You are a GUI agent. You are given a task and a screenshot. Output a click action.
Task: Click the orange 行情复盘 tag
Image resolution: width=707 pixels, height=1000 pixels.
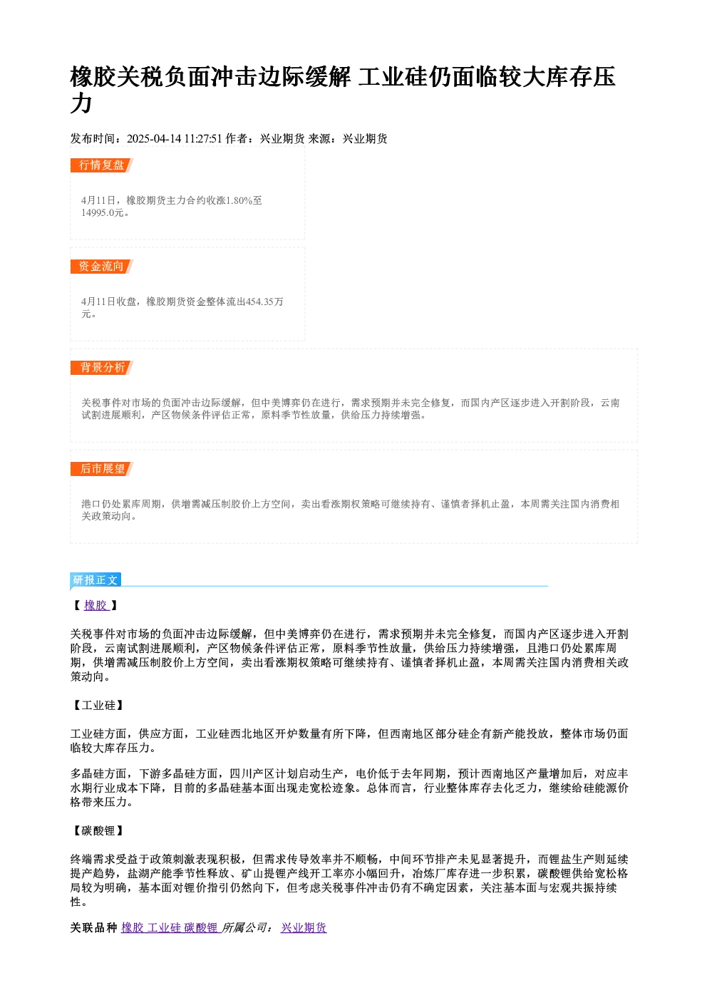pyautogui.click(x=102, y=165)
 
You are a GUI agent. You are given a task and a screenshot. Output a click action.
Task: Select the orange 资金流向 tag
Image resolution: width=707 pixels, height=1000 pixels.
pyautogui.click(x=102, y=267)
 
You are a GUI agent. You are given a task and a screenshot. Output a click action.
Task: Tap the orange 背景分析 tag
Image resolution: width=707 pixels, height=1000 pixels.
pyautogui.click(x=102, y=368)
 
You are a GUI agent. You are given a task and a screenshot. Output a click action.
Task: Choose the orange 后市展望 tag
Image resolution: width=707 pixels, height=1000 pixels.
pyautogui.click(x=102, y=469)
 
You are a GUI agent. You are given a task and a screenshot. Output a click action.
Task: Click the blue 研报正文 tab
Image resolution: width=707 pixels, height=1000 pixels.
pyautogui.click(x=96, y=580)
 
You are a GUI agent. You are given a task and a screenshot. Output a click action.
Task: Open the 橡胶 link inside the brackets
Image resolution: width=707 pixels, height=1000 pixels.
pyautogui.click(x=96, y=606)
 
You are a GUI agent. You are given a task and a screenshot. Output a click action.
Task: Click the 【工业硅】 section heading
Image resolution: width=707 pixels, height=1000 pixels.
pyautogui.click(x=98, y=706)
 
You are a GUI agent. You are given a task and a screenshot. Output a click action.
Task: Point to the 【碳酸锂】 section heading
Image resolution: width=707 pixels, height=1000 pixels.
pyautogui.click(x=98, y=831)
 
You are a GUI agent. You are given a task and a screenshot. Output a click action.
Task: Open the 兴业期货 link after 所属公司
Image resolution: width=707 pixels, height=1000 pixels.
pyautogui.click(x=304, y=928)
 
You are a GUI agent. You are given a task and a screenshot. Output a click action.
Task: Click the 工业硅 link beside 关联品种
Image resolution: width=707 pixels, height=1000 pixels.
pyautogui.click(x=164, y=928)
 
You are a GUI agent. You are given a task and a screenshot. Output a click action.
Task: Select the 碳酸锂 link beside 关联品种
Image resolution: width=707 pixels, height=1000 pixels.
pyautogui.click(x=201, y=928)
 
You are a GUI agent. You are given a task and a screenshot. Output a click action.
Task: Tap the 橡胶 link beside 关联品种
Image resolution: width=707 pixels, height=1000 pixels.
pyautogui.click(x=133, y=928)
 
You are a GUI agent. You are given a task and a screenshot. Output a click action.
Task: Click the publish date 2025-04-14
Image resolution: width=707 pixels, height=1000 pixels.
pyautogui.click(x=154, y=139)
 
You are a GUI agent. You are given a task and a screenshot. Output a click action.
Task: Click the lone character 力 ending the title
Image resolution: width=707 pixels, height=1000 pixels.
pyautogui.click(x=81, y=103)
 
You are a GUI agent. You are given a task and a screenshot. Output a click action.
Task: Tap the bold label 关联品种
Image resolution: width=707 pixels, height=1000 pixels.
pyautogui.click(x=93, y=928)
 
